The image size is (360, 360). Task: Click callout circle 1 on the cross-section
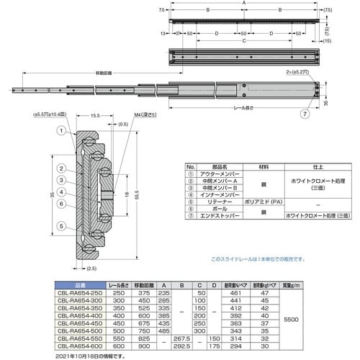pos(62,132)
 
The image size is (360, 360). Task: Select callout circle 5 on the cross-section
pos(62,226)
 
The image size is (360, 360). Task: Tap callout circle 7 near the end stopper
pos(305,114)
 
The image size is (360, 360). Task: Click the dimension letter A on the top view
pos(243,4)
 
